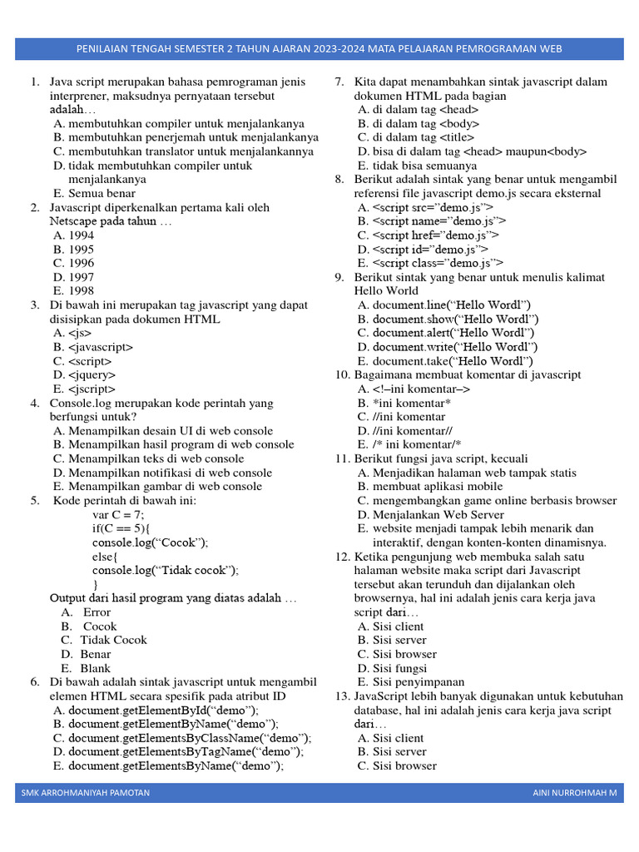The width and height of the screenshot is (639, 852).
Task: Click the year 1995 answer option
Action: [x=73, y=249]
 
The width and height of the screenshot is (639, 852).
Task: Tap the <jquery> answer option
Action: [x=84, y=375]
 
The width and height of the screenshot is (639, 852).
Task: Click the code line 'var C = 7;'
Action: [x=118, y=515]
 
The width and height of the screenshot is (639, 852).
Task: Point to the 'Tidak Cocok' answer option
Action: [x=113, y=640]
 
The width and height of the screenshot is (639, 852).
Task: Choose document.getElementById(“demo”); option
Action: [x=163, y=710]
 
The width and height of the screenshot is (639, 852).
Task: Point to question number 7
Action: [x=339, y=82]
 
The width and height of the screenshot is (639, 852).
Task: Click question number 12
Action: [x=342, y=557]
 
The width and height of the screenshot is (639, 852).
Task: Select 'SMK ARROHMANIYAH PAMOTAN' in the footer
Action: [x=86, y=793]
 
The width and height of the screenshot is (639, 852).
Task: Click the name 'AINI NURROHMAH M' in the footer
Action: [x=575, y=793]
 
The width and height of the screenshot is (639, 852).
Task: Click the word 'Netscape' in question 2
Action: [x=73, y=221]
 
